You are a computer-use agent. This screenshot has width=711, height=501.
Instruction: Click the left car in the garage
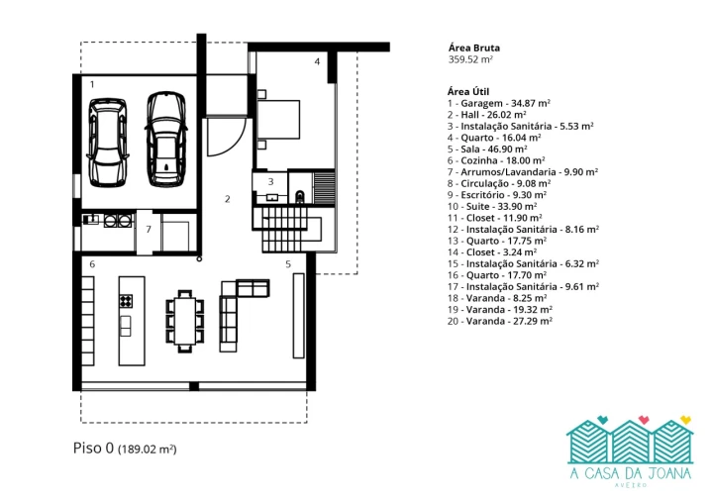tap(108, 142)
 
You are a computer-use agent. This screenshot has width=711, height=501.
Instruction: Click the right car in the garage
tap(166, 139)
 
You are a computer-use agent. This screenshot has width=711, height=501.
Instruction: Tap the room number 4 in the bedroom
tap(317, 61)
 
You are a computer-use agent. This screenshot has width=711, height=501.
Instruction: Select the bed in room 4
tap(278, 119)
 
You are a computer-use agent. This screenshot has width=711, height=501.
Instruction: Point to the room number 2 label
tap(228, 199)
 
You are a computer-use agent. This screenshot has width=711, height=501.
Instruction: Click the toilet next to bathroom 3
tap(300, 197)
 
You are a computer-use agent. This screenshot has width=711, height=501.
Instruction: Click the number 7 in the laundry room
tap(149, 230)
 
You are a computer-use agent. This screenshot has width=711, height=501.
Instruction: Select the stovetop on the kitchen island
tap(126, 301)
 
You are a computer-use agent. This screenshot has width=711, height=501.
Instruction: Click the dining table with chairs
tap(184, 321)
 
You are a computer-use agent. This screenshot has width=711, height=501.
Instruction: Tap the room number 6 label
tap(92, 264)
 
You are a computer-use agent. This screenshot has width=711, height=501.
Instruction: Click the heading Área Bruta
tap(474, 48)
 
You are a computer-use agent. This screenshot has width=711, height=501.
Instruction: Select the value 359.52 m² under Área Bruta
tap(470, 59)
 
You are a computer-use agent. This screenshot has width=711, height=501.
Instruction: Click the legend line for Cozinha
tap(496, 160)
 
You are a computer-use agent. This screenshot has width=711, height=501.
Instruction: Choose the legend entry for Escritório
tap(497, 195)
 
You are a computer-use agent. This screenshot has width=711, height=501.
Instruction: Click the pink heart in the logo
tap(644, 420)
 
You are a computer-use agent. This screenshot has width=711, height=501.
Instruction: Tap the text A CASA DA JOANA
tap(631, 473)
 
